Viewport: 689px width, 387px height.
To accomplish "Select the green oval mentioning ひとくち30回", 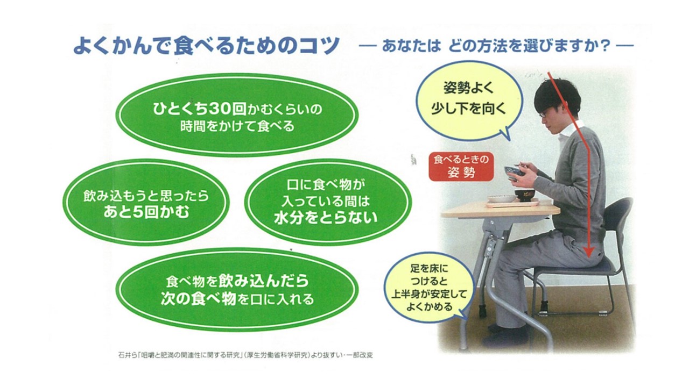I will pyautogui.click(x=237, y=115).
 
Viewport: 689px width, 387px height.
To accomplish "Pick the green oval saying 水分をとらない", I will pyautogui.click(x=325, y=202).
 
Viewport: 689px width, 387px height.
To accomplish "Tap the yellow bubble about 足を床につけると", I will pyautogui.click(x=429, y=289).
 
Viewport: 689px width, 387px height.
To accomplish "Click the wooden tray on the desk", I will pyautogui.click(x=512, y=204).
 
